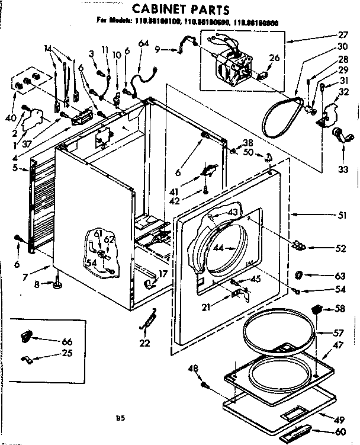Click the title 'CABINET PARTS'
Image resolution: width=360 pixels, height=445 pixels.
180,9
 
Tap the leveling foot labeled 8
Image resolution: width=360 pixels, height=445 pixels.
58,286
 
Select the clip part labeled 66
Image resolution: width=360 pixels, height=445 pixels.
28,337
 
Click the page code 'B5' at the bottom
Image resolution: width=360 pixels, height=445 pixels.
120,418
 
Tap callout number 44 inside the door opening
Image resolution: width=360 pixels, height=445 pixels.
219,248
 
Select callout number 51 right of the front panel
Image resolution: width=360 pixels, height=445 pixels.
342,216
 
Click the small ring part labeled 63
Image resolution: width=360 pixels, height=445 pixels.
300,275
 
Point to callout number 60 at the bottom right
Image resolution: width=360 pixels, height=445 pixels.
340,432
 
